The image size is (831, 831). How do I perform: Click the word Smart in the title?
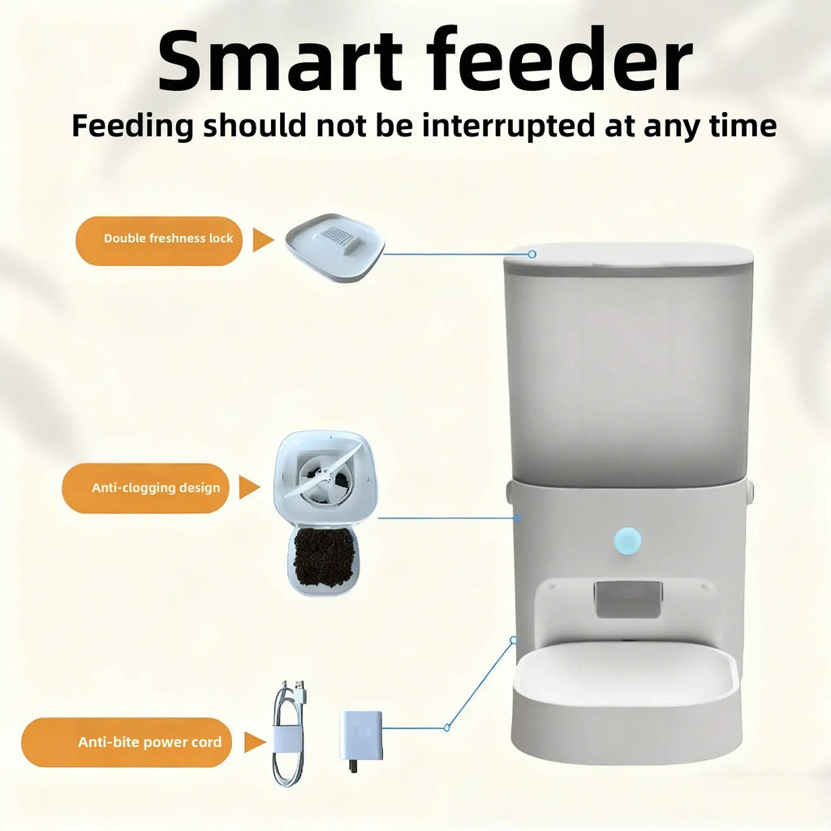(279, 62)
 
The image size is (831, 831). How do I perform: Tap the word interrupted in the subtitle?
(508, 127)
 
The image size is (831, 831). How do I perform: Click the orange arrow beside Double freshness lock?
(263, 240)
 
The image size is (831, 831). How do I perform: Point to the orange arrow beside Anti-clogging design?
(249, 487)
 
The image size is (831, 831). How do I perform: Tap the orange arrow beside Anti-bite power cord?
(255, 742)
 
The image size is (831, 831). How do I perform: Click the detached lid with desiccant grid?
(335, 247)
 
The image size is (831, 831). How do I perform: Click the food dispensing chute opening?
(627, 599)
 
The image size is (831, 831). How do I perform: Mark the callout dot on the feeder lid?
(532, 254)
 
